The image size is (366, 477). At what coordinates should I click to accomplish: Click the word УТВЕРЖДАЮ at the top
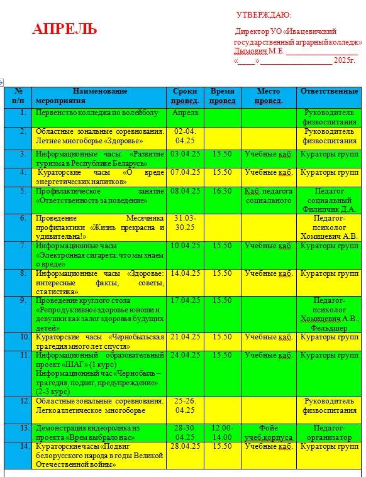pos(263,15)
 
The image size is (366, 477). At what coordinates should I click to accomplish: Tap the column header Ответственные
pos(329,91)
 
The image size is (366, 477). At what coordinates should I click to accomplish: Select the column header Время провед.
pos(222,96)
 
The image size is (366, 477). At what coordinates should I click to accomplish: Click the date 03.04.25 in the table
pos(185,153)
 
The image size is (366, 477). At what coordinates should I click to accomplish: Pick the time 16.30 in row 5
pos(221,191)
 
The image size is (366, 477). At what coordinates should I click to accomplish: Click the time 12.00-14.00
pos(222,432)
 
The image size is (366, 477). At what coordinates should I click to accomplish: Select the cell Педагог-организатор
pos(329,432)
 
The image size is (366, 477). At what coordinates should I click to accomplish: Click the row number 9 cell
pos(23,300)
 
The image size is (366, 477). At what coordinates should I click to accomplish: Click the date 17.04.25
pos(185,300)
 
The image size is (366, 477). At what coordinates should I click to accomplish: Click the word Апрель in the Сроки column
pos(185,112)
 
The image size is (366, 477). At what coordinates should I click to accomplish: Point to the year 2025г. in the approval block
pos(345,61)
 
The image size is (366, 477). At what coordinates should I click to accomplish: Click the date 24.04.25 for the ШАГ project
pos(185,355)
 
